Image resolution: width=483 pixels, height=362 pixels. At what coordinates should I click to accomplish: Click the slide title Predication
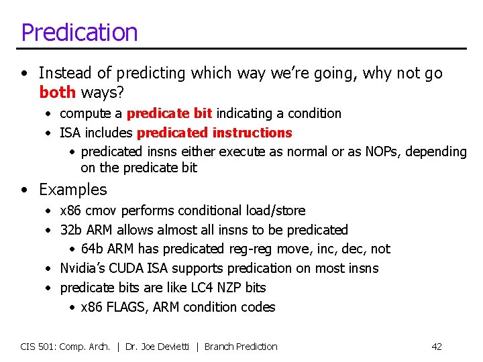tap(79, 32)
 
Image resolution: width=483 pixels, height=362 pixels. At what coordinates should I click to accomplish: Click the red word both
tap(57, 91)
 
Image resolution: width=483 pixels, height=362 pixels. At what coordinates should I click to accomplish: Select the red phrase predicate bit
tap(169, 113)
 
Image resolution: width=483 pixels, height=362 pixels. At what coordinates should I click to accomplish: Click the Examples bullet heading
tap(72, 190)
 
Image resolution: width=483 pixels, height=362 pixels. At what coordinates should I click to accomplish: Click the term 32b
tap(70, 230)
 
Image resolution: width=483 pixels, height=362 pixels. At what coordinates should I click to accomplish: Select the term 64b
tap(92, 249)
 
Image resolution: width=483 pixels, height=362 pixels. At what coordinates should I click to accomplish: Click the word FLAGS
tap(124, 307)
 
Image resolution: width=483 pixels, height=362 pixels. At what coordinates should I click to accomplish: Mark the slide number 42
tap(437, 347)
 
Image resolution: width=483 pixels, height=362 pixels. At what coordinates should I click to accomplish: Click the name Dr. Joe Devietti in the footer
tap(159, 347)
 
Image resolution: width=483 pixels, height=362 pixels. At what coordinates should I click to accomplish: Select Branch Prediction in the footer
tap(241, 347)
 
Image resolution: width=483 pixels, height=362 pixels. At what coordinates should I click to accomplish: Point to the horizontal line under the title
tap(241, 48)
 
